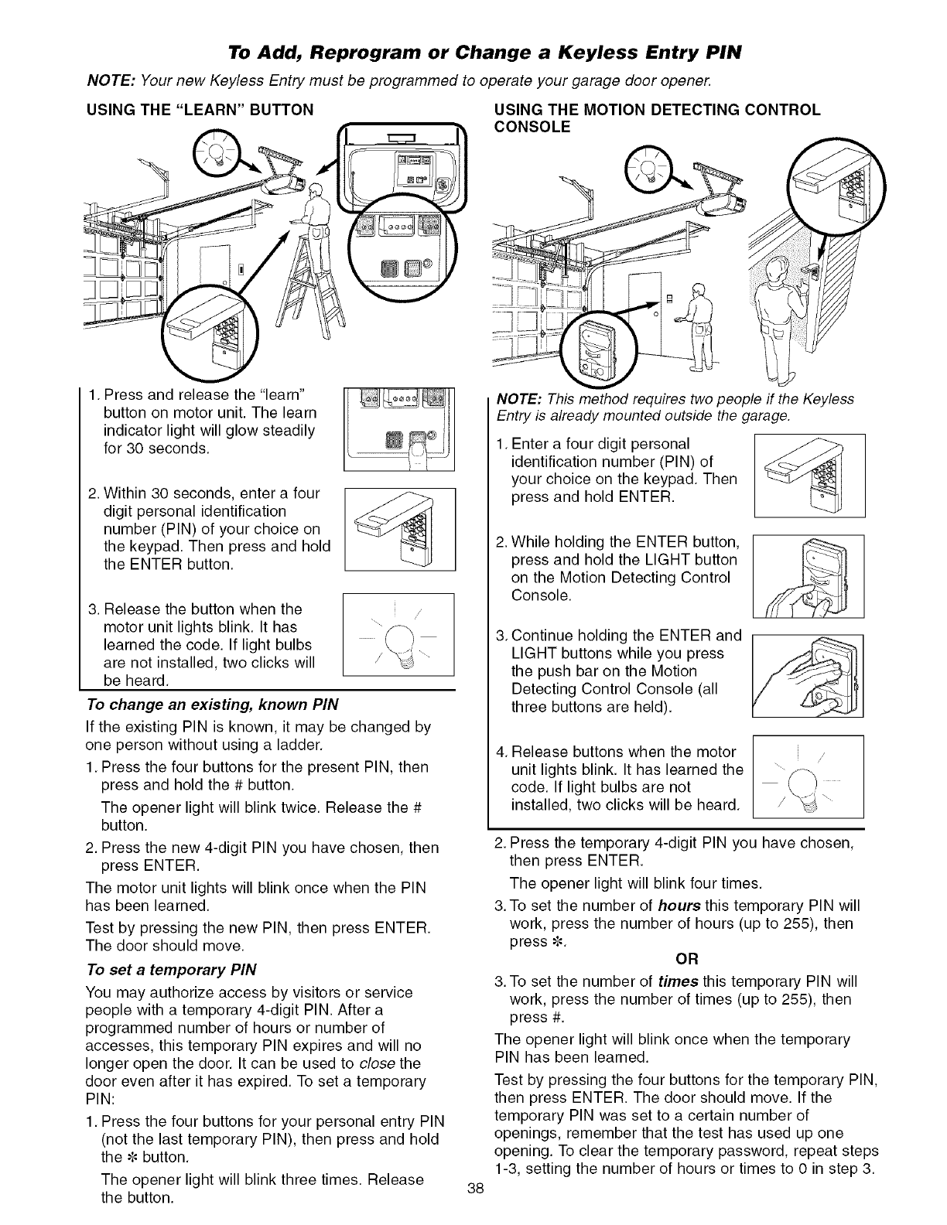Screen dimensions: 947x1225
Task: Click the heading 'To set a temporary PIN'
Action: tap(171, 970)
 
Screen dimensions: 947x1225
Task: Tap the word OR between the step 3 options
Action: tap(687, 960)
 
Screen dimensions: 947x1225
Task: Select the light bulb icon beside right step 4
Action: tap(807, 776)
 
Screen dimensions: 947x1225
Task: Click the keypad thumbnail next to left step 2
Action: tap(398, 530)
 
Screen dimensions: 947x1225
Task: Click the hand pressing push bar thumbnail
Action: tap(807, 674)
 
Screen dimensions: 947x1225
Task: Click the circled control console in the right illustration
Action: tap(597, 346)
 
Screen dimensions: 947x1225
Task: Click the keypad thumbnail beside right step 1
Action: tap(809, 476)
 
